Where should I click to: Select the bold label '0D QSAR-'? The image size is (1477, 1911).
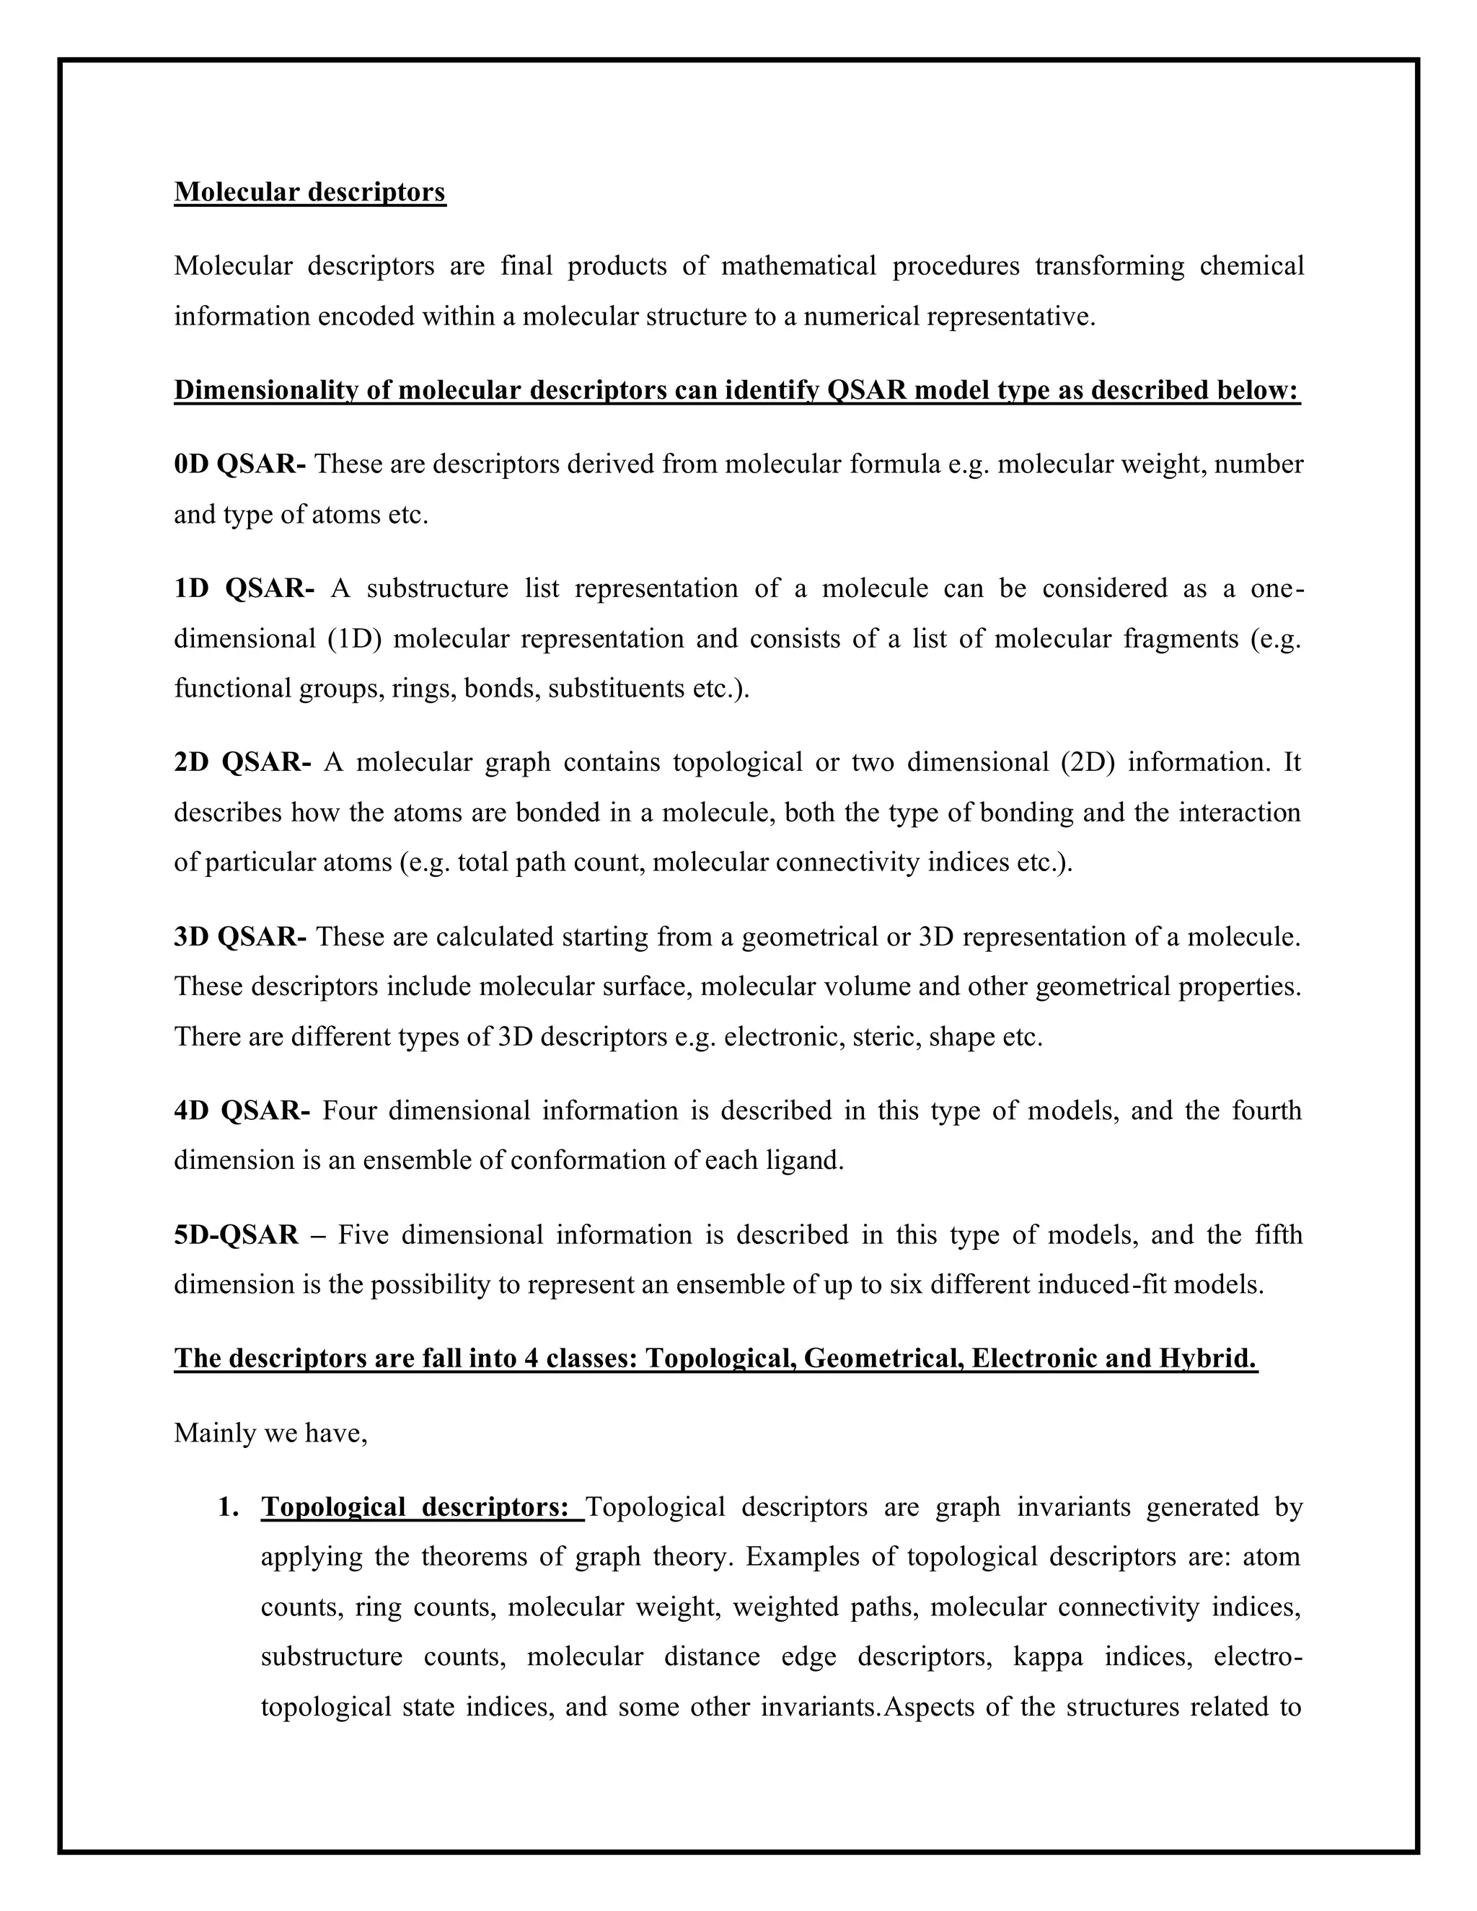[x=239, y=464]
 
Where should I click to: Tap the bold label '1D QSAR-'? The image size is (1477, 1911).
[x=244, y=588]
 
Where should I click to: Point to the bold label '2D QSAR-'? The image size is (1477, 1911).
[x=242, y=762]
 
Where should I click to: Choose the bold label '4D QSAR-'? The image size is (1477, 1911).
[x=242, y=1111]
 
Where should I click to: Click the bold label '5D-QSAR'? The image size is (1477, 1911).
[x=237, y=1235]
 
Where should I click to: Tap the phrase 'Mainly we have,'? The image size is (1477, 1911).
[x=270, y=1432]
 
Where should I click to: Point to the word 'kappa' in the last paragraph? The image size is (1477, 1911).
[x=1047, y=1656]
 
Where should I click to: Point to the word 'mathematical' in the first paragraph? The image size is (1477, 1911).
[x=798, y=266]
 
